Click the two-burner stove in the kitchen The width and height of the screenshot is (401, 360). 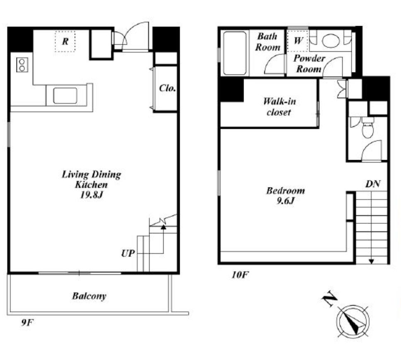click(x=22, y=65)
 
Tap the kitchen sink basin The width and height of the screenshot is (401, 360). click(x=65, y=96)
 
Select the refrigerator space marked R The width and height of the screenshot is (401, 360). click(x=65, y=41)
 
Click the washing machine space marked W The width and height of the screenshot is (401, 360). click(x=298, y=41)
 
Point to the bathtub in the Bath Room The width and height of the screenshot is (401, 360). click(x=235, y=53)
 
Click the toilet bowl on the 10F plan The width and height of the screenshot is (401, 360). click(x=368, y=128)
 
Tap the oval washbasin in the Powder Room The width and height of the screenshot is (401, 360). click(x=331, y=41)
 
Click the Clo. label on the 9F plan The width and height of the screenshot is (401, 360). click(x=167, y=88)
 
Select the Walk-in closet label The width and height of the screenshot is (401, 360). click(x=279, y=106)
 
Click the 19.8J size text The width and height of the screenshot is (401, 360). click(x=91, y=195)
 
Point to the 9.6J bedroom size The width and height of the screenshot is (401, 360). click(x=286, y=201)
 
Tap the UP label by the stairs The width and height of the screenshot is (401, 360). click(x=128, y=253)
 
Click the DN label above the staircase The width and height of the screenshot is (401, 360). click(x=373, y=184)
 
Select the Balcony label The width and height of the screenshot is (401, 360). click(x=89, y=296)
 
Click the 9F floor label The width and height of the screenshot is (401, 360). click(x=27, y=323)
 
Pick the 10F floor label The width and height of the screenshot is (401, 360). click(x=240, y=275)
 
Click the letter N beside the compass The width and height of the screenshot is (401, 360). click(x=329, y=299)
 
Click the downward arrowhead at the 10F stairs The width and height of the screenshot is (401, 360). click(x=371, y=262)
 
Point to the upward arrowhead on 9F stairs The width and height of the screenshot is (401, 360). click(x=163, y=227)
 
